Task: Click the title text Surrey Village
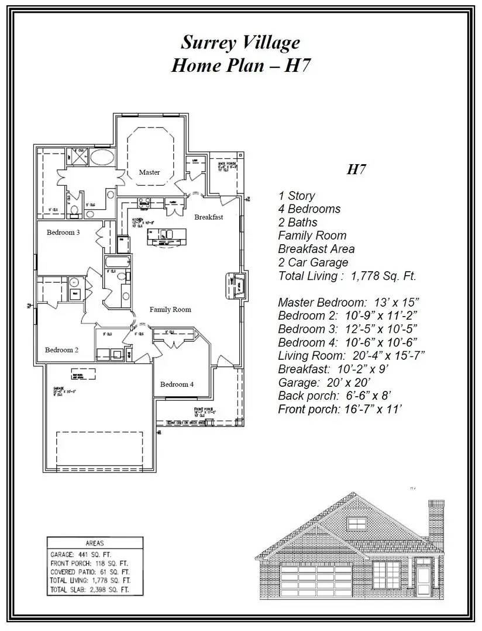click(240, 43)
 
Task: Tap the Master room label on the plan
click(149, 172)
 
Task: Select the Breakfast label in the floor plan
click(209, 217)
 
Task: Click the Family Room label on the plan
click(170, 310)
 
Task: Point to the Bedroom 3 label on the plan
click(63, 233)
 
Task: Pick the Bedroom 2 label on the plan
click(61, 350)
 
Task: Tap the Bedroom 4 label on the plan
click(177, 384)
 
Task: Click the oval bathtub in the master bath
click(102, 157)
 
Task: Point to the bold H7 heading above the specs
click(356, 170)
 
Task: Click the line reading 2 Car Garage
click(313, 263)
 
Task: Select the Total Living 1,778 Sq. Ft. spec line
click(347, 276)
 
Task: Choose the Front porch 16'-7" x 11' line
click(340, 409)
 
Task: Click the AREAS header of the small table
click(94, 543)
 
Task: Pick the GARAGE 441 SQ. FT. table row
click(81, 554)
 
